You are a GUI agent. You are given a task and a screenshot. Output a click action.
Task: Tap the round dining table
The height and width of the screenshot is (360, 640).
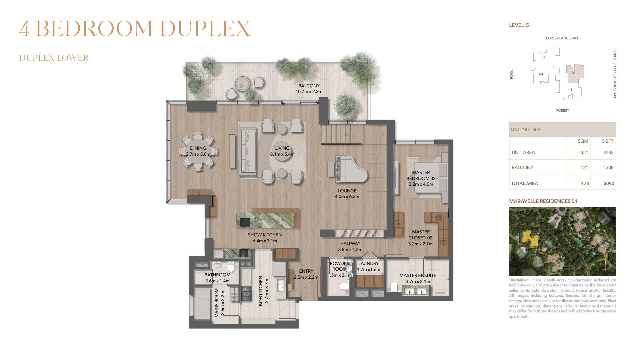198,152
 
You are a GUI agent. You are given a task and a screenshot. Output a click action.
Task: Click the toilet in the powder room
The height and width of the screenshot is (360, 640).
344,286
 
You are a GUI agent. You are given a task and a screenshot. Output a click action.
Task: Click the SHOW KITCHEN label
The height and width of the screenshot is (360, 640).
265,235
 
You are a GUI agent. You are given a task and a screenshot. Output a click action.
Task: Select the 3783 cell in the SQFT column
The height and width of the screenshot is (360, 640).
608,152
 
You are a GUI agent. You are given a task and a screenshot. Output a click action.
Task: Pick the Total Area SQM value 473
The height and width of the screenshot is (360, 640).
585,183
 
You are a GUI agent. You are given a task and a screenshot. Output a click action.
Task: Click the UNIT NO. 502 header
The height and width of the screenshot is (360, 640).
525,129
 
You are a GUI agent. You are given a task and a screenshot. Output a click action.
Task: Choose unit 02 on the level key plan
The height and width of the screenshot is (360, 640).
574,73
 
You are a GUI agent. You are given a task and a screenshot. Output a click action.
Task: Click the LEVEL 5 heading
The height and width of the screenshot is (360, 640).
519,25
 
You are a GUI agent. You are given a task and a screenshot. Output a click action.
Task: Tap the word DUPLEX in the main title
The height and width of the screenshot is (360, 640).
205,29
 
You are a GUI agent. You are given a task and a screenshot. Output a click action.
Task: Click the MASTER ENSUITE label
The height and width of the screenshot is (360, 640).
418,275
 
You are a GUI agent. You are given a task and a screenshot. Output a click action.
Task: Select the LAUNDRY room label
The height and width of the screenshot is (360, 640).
368,263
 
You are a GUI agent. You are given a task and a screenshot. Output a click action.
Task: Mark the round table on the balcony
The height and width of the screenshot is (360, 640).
242,83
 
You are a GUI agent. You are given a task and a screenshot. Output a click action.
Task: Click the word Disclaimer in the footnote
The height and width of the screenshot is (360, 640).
519,280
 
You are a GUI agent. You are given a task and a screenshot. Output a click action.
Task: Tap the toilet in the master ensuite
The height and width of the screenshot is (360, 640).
394,287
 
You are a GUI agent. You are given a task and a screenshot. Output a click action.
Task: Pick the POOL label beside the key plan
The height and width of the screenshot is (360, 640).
512,74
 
